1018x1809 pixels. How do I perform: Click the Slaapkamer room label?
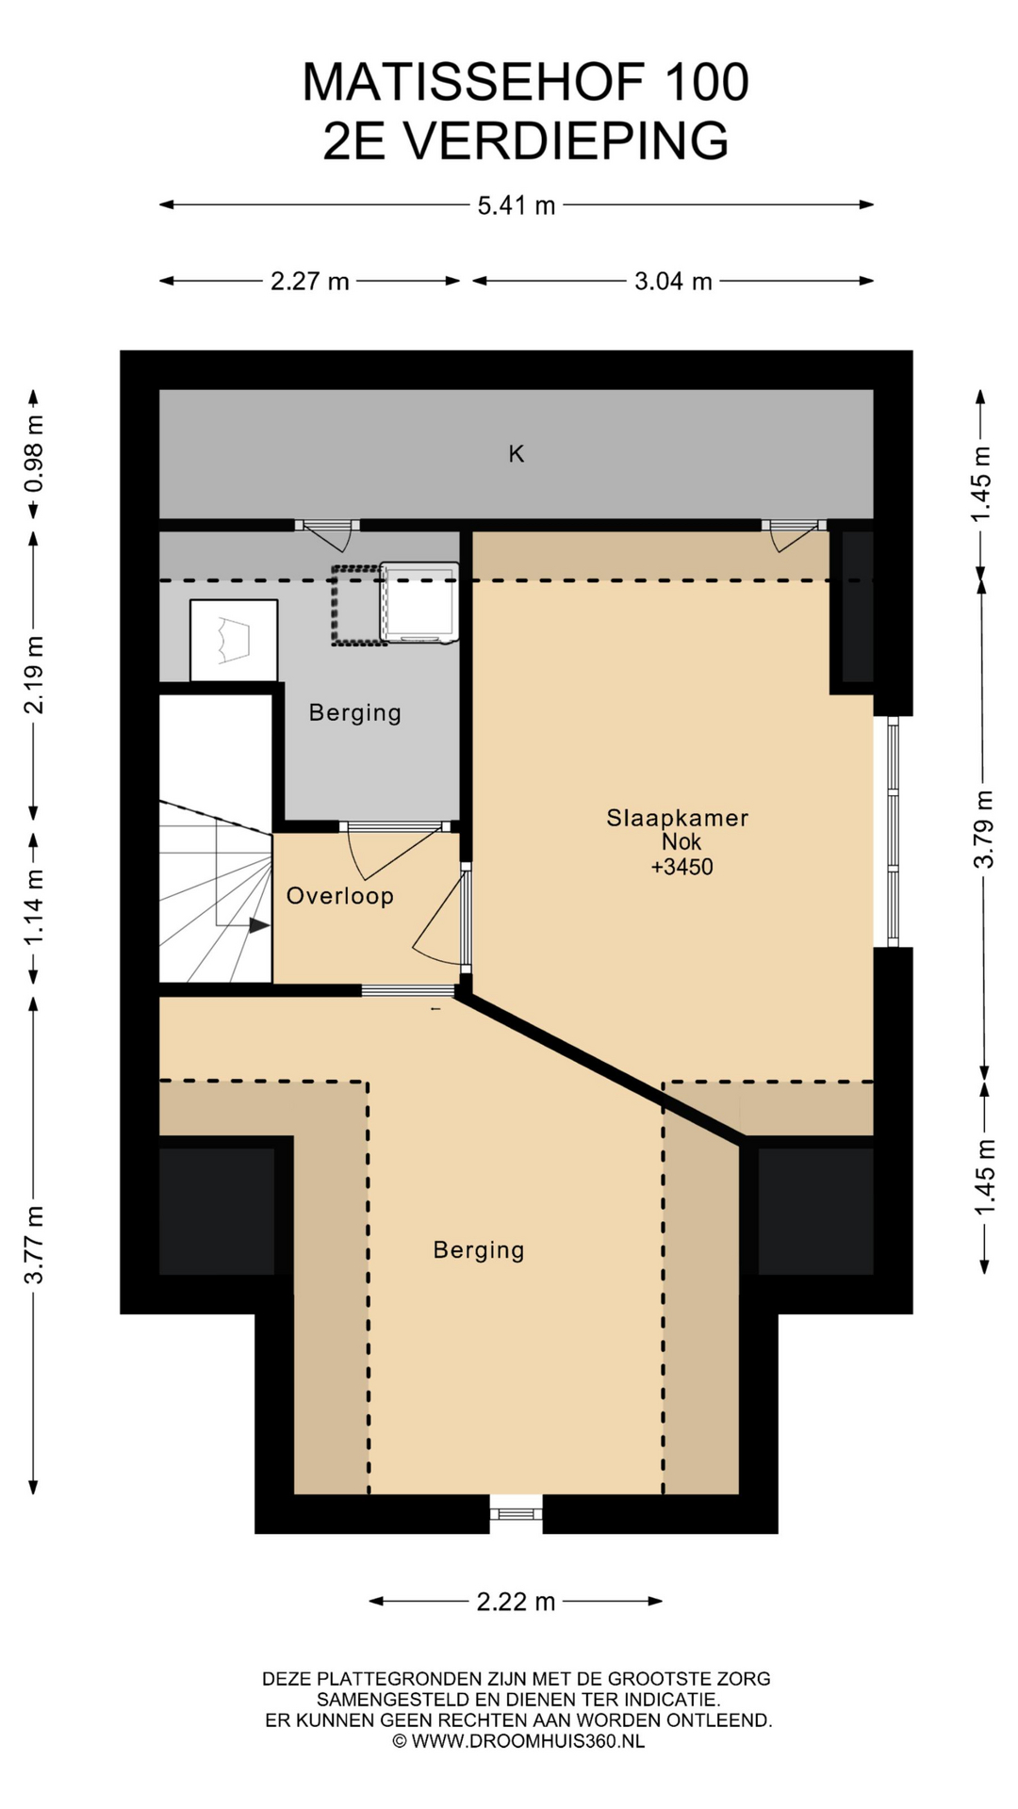[677, 818]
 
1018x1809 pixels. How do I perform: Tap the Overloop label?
[340, 896]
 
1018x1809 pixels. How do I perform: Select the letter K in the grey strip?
[517, 454]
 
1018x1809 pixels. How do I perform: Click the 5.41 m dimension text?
[517, 205]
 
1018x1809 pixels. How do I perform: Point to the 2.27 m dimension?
[310, 281]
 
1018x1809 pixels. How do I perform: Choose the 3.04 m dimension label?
[673, 281]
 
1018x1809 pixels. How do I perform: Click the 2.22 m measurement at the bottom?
[516, 1602]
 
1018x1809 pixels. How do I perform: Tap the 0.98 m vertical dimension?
[34, 454]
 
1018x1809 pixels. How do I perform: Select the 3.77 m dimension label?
[34, 1245]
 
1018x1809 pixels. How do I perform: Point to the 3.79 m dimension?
[984, 829]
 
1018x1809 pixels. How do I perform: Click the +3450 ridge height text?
[682, 867]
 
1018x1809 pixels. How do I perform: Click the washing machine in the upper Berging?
[419, 603]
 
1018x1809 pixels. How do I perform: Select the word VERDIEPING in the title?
[566, 141]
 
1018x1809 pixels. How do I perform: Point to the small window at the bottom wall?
[517, 1513]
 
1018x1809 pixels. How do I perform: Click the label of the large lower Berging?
[479, 1250]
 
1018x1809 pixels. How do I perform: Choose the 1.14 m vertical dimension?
[34, 907]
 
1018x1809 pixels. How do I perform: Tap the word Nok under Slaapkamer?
[681, 842]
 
